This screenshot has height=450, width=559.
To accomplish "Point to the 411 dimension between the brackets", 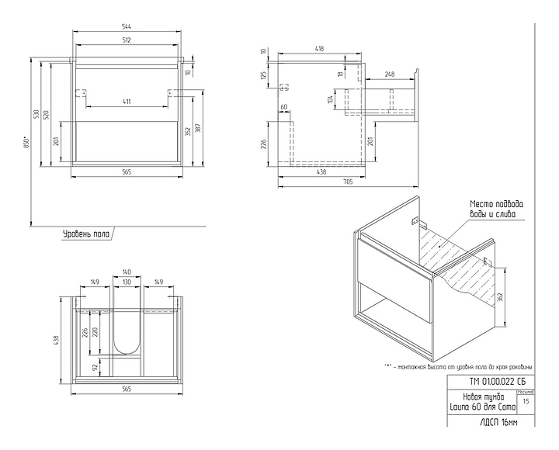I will tap(126, 102).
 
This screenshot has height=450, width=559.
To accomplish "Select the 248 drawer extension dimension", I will tap(389, 74).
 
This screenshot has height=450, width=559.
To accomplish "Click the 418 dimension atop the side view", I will tap(319, 49).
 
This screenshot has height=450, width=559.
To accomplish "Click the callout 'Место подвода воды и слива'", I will tap(491, 209).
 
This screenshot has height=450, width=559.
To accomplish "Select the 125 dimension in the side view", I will tap(263, 75).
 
